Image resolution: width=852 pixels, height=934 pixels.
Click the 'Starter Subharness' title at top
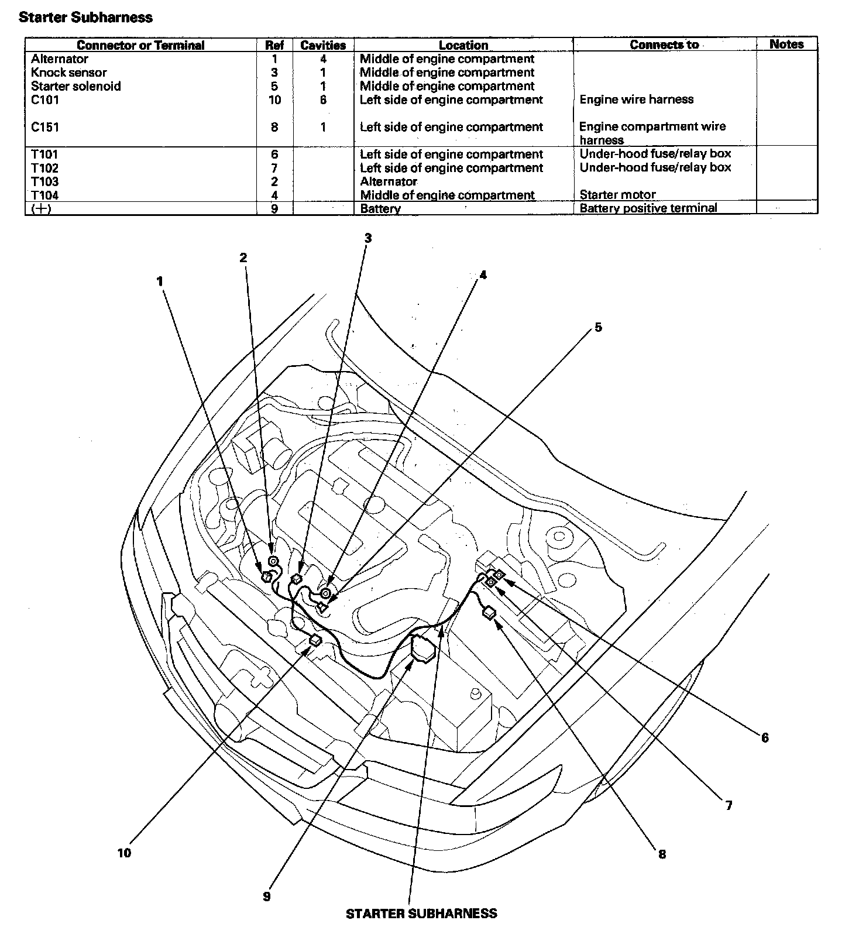point(85,18)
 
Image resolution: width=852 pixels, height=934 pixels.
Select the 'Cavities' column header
point(323,45)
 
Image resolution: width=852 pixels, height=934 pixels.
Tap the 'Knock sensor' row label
point(68,73)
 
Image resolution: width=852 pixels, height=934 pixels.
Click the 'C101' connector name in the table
point(45,99)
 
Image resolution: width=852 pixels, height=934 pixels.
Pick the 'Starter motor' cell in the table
point(617,194)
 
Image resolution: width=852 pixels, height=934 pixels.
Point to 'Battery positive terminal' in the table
point(648,208)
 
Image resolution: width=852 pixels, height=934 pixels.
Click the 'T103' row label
point(45,181)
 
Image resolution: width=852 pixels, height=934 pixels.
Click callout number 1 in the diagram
point(159,281)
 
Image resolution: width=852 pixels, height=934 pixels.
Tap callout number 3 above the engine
point(367,238)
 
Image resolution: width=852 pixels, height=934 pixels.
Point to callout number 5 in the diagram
point(598,327)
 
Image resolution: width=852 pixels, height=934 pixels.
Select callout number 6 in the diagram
point(764,738)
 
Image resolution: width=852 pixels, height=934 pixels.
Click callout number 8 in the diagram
point(662,854)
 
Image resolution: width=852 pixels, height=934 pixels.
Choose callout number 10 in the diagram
point(124,853)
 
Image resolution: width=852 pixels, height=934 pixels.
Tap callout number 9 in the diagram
point(267,897)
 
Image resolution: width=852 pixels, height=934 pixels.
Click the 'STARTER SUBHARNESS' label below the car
point(421,914)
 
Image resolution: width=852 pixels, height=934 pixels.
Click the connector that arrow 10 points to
point(315,640)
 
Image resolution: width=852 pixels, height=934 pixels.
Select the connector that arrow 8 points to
point(489,613)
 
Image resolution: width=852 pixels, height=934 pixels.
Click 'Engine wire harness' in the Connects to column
point(636,99)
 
